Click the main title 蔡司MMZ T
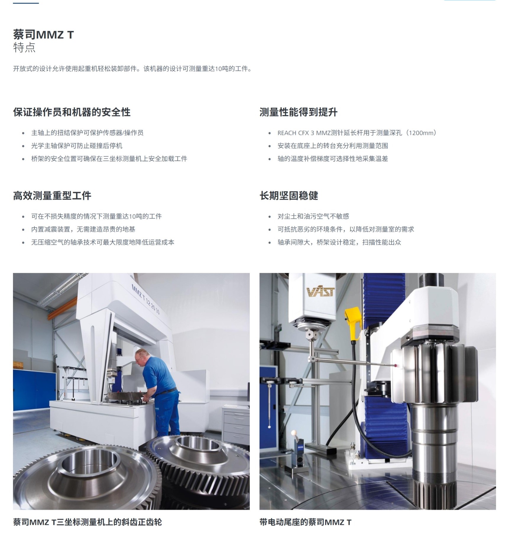tap(43, 35)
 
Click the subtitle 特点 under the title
tap(24, 47)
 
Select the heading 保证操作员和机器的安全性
tap(72, 112)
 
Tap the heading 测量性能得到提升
tap(299, 112)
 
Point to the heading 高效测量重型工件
tap(52, 196)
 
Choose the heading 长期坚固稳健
tap(289, 196)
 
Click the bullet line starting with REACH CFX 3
tap(357, 133)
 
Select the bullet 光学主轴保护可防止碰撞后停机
tap(77, 146)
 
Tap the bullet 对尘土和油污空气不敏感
tap(313, 216)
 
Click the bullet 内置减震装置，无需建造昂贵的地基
tap(83, 229)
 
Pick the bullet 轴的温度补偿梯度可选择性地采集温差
tap(333, 159)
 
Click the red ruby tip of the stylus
tap(396, 365)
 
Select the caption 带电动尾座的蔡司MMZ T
tap(306, 522)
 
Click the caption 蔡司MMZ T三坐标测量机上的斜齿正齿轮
tap(87, 522)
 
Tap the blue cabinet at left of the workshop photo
tap(34, 390)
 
